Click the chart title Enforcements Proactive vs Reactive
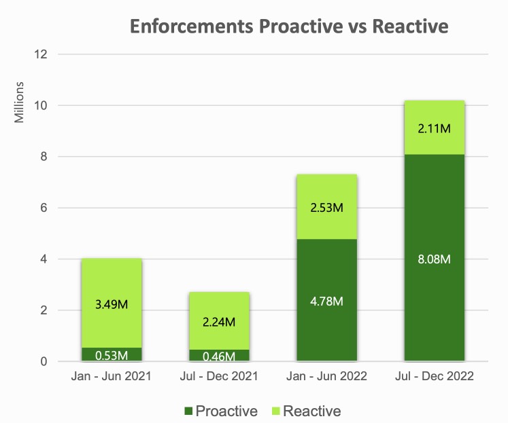coord(289,26)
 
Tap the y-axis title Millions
coord(20,103)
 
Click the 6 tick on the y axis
coord(44,208)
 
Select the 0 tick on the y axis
coord(44,362)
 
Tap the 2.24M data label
coord(220,321)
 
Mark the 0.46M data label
coord(220,356)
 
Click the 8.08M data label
coord(435,259)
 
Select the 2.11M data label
coord(435,128)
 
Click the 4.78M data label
coord(327,301)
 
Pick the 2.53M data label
coord(327,207)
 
